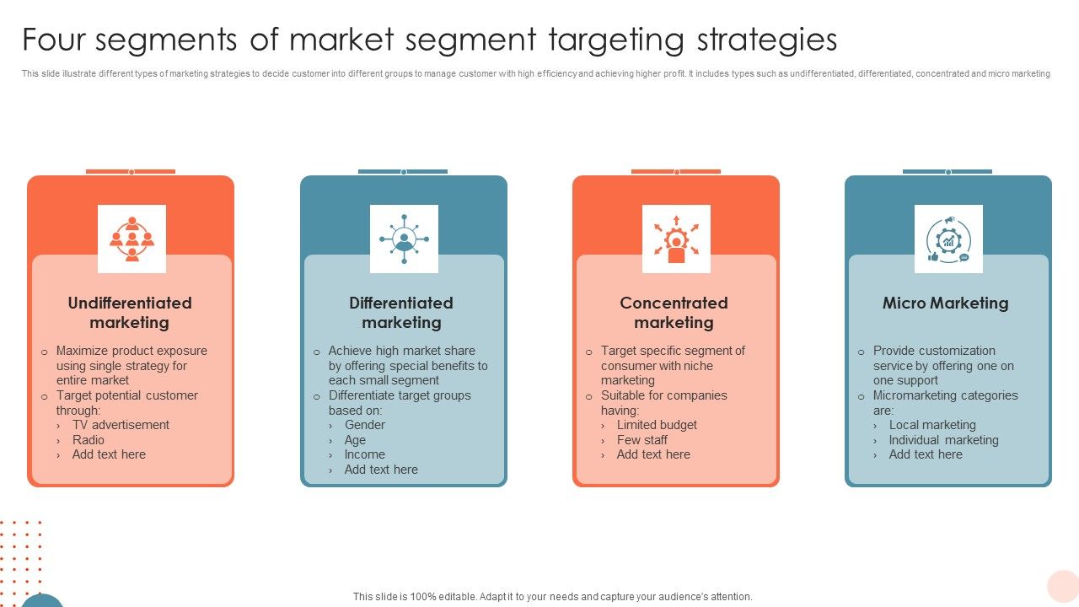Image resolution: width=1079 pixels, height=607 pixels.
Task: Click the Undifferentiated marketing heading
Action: coord(130,313)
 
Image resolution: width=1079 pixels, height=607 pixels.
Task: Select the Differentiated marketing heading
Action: coord(401,313)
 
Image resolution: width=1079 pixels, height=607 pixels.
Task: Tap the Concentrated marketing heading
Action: coord(674,313)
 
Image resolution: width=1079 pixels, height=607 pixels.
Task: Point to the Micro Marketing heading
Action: coord(945,303)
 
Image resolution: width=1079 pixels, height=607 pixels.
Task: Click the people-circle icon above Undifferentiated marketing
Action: coord(132,239)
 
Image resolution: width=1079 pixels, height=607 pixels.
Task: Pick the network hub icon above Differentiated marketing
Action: coord(404,239)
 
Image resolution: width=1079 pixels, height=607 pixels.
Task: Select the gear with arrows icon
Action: coord(676,239)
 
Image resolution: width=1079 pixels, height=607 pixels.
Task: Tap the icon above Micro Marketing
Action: coord(948,239)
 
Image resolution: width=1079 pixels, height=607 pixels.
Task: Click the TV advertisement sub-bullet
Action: coord(121,425)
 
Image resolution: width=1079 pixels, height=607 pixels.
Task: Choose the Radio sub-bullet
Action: coord(89,440)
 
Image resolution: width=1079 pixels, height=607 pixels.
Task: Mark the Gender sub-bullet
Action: coord(364,425)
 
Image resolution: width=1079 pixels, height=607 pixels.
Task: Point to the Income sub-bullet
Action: coord(364,454)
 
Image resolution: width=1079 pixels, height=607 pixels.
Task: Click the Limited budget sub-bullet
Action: coord(657,425)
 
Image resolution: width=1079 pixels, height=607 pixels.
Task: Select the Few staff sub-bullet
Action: coord(641,440)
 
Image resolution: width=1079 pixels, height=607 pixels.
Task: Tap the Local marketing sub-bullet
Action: coord(932,425)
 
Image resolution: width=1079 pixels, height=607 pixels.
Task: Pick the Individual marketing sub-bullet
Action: coord(943,440)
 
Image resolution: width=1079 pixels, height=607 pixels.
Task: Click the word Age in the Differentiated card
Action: coord(355,440)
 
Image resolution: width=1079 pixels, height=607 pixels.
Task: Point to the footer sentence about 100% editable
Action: coord(552,596)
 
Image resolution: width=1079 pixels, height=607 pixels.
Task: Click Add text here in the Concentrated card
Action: coord(653,454)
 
